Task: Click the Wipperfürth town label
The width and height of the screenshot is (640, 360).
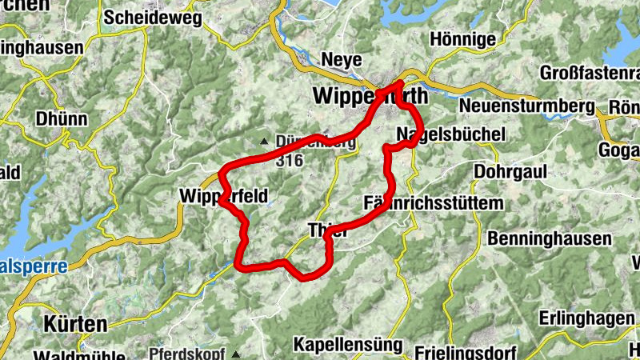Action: coord(370,96)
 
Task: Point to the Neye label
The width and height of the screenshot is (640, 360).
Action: coord(342,60)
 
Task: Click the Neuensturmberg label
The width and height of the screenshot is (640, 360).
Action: coord(527,106)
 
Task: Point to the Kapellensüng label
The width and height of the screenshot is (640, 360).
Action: coord(347,344)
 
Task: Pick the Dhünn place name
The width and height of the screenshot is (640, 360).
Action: coord(61,118)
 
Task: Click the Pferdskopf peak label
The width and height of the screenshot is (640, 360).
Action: coord(188,353)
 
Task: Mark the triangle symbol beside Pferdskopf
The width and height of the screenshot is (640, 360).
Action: coord(236,353)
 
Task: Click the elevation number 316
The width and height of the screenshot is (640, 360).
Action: coord(289,160)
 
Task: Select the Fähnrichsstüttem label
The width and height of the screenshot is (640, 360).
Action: coord(434,203)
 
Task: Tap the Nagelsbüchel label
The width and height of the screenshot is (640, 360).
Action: coord(451,134)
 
